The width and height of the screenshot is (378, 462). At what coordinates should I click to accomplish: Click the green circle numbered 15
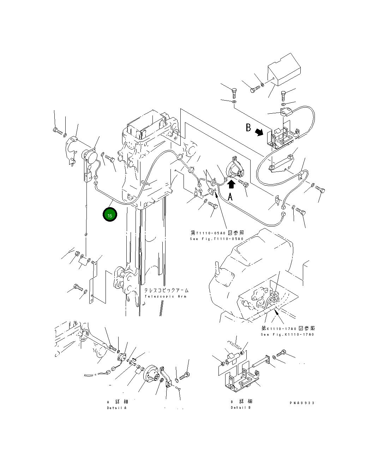click(x=110, y=215)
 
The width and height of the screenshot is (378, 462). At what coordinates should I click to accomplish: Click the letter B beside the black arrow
click(x=248, y=127)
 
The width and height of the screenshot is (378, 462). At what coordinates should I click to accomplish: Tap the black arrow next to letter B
click(x=259, y=132)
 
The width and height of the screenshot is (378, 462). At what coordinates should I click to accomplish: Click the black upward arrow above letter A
click(x=232, y=184)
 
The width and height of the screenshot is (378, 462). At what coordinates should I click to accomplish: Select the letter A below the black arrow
click(x=230, y=197)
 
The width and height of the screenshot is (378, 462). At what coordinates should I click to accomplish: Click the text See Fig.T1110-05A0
click(x=217, y=239)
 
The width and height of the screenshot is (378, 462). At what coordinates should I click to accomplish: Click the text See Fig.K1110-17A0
click(x=287, y=334)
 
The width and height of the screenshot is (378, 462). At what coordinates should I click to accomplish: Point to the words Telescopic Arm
click(x=166, y=296)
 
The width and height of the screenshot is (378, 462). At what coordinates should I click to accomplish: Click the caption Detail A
click(x=116, y=408)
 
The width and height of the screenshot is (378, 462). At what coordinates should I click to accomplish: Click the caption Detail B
click(x=241, y=408)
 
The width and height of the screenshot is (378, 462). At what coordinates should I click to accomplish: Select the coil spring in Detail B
click(x=232, y=342)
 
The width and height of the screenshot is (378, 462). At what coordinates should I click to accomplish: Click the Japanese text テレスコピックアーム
click(x=166, y=290)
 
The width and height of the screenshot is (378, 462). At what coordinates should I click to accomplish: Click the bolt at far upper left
click(x=57, y=131)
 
